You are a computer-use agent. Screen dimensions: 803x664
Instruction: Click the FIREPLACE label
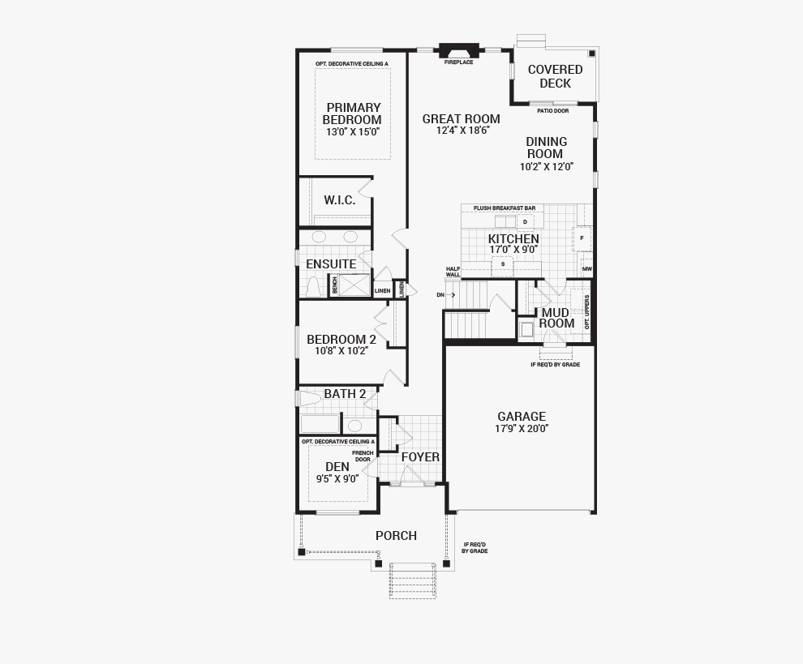459,62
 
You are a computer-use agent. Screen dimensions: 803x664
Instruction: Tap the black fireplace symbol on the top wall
459,51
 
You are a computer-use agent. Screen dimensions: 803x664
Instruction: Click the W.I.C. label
340,200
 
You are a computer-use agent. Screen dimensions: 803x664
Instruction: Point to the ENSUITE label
331,263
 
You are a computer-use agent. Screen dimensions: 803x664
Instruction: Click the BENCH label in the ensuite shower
334,285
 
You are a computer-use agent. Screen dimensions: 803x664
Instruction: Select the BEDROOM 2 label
341,340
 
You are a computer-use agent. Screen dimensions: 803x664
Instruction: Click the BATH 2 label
345,394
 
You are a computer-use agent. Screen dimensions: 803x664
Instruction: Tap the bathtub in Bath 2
320,424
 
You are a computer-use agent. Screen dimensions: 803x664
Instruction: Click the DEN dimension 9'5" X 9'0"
337,479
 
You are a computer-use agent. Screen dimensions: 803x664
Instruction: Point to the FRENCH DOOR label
363,456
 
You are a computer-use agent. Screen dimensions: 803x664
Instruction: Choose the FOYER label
420,457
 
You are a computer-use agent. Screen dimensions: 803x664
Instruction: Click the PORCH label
396,536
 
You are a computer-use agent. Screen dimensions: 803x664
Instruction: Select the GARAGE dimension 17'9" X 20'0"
522,429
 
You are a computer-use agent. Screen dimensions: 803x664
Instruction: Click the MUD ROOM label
556,318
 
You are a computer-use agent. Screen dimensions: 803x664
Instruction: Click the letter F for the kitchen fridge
582,238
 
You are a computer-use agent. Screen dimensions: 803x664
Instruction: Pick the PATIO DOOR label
552,110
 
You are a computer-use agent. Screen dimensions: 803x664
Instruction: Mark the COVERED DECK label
555,76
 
